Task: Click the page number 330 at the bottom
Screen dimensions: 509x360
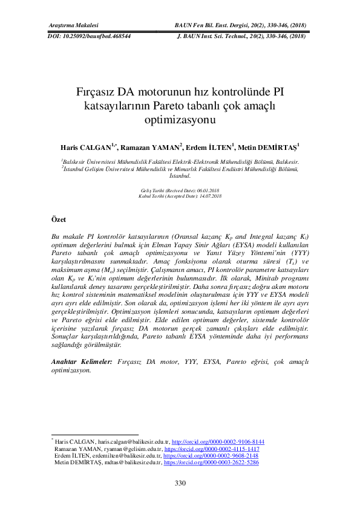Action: point(180,483)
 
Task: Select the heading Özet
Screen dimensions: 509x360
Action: point(57,218)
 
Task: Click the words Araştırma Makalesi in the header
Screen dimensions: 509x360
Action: point(73,25)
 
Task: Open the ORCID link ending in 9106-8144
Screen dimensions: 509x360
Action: point(218,442)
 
